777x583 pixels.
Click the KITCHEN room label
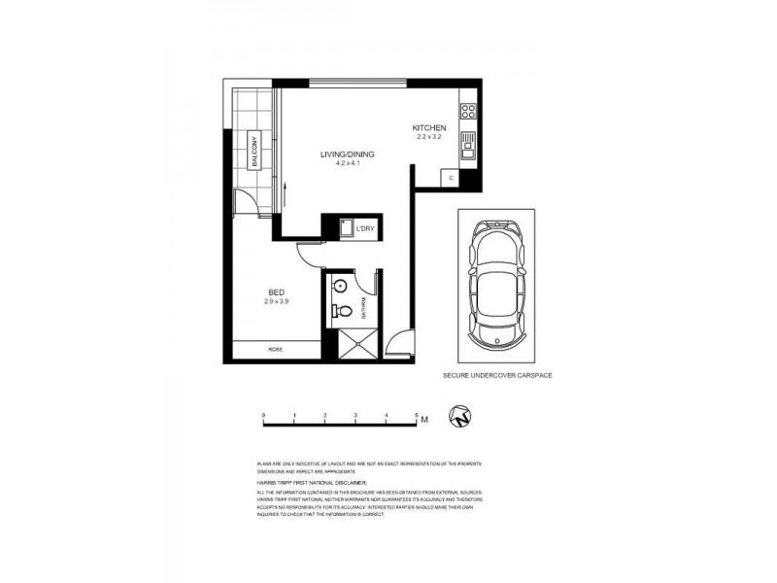tap(428, 128)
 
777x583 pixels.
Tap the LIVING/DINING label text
tap(348, 154)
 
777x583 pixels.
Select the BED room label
tap(277, 291)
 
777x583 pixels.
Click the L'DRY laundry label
tap(365, 228)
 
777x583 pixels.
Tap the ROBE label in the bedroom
tap(277, 350)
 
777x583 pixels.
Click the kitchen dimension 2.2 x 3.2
tap(428, 138)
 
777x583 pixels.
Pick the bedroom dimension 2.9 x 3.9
tap(277, 301)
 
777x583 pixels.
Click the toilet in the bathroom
tap(341, 312)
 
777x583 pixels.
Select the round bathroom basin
tap(340, 286)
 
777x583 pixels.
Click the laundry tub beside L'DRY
tap(344, 228)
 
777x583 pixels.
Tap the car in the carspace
tap(495, 285)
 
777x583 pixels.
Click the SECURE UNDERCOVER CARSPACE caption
tap(497, 374)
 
